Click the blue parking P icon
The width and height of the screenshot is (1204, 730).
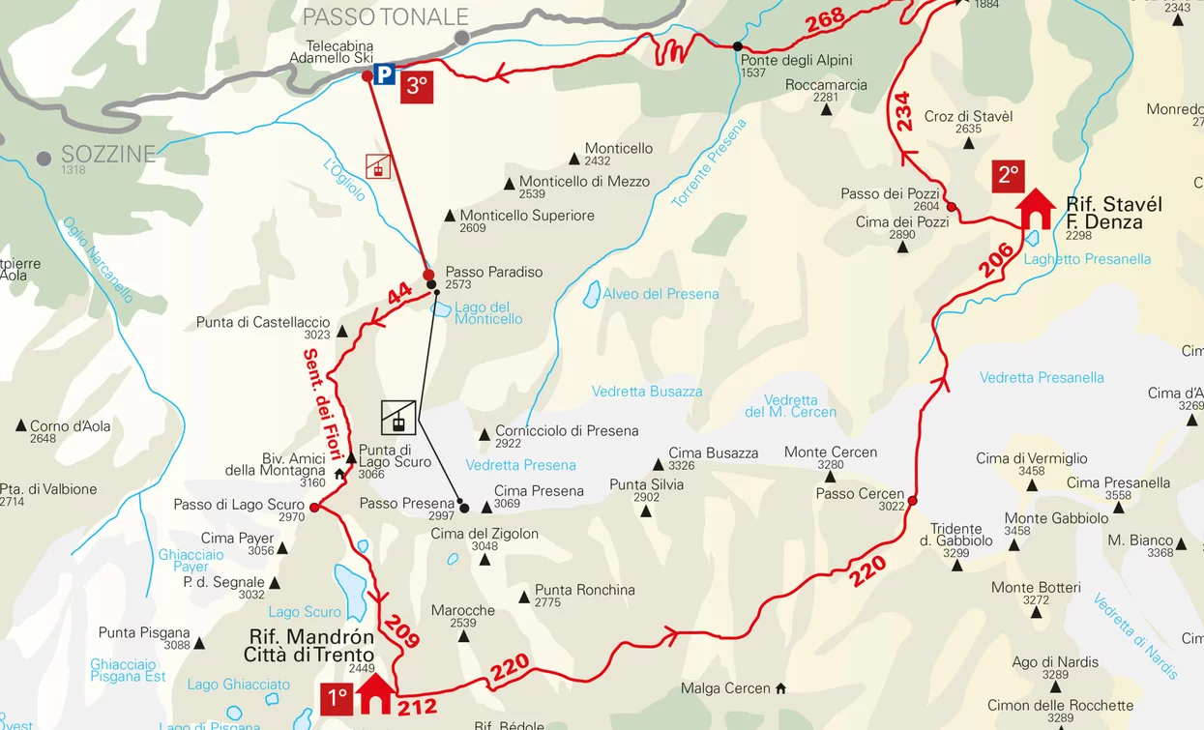point(384,74)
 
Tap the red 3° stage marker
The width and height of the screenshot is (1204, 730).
point(416,86)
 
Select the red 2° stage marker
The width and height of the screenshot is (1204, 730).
point(1008,176)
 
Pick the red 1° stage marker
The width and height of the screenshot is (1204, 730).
point(337,698)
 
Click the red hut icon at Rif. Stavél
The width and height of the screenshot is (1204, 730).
point(1036,209)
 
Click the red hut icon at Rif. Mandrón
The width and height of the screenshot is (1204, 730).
point(376,694)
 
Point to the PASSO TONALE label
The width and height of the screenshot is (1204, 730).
point(385,16)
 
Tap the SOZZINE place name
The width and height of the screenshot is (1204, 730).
point(107,155)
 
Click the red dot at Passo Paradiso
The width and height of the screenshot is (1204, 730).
point(428,275)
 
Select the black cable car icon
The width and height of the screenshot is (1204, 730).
point(398,417)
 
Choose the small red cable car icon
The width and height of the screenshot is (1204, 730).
point(378,166)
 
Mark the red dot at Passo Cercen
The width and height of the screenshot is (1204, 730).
point(912,501)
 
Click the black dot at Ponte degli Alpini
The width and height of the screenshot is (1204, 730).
point(738,46)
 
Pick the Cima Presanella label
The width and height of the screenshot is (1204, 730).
point(1118,482)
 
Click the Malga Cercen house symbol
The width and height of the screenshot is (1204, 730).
point(780,688)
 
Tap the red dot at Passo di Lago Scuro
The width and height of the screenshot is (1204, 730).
point(313,506)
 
